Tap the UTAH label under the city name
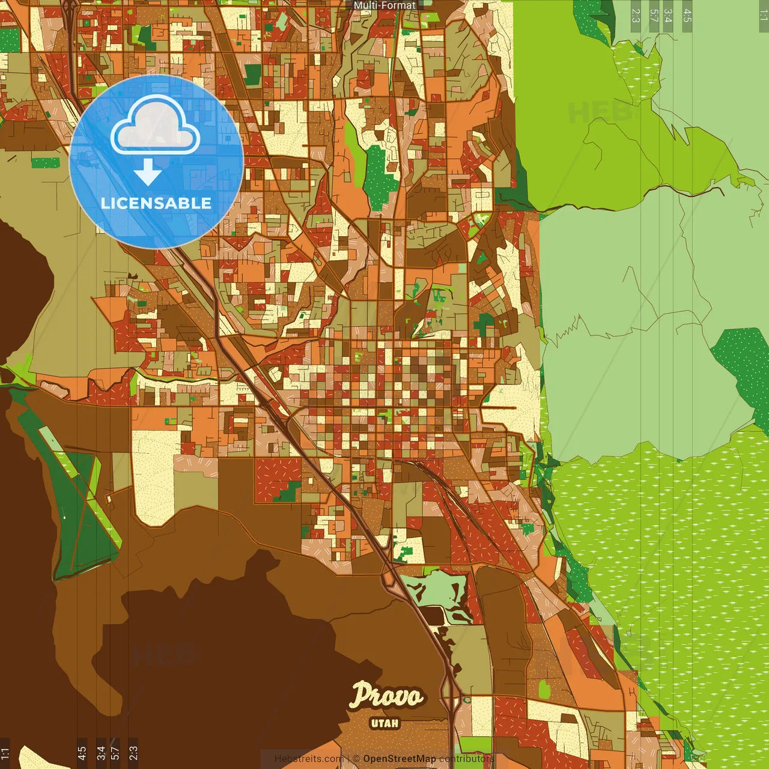click(384, 723)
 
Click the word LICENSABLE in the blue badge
click(156, 203)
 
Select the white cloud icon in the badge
click(156, 127)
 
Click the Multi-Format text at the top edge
click(384, 5)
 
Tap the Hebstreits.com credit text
click(308, 759)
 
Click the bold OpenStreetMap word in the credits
click(400, 759)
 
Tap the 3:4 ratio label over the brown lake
click(101, 752)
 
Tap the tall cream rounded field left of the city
click(155, 475)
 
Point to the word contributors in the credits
click(466, 759)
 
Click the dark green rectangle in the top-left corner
click(9, 40)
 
